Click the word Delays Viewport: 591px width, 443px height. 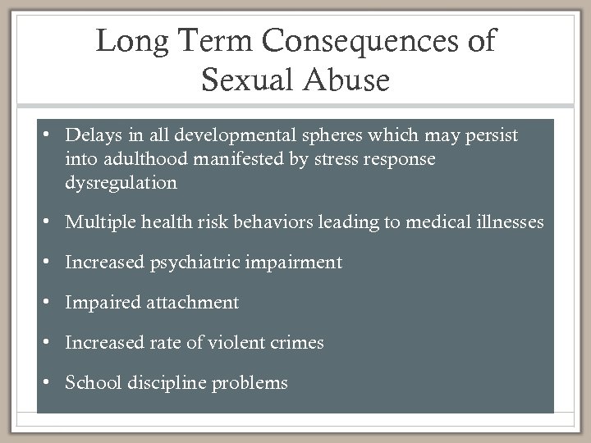93,135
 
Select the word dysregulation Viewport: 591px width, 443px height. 121,182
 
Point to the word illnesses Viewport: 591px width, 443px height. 507,221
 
